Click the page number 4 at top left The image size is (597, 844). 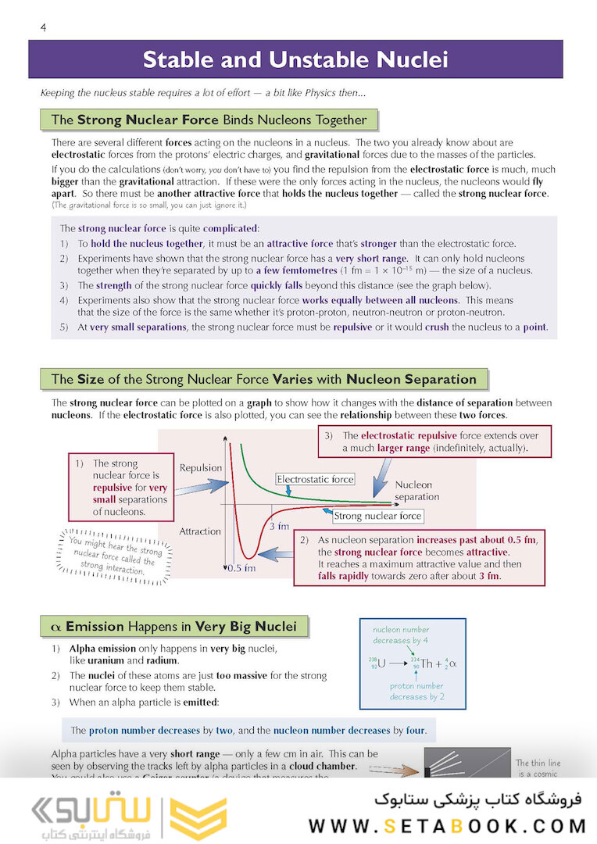pos(44,28)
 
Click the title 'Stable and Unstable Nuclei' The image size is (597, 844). pos(295,59)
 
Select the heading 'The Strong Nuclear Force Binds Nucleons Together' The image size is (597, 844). pos(208,120)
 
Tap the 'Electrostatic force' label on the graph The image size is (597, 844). pos(315,479)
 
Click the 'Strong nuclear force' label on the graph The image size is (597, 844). pos(377,516)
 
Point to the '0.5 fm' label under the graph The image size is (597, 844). pos(241,568)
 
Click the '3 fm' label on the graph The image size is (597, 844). pos(279,526)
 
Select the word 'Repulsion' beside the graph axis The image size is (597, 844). pos(201,468)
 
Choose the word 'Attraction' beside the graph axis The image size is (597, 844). pos(200,531)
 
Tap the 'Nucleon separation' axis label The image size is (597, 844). pos(416,491)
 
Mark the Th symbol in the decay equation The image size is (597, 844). pos(426,663)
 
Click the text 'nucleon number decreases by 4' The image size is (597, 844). pos(400,635)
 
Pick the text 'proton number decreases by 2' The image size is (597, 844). pos(416,691)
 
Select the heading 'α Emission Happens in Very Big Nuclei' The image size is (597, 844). pos(173,626)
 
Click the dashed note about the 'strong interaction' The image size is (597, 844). pos(113,554)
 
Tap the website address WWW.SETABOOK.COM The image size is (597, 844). pos(447,826)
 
